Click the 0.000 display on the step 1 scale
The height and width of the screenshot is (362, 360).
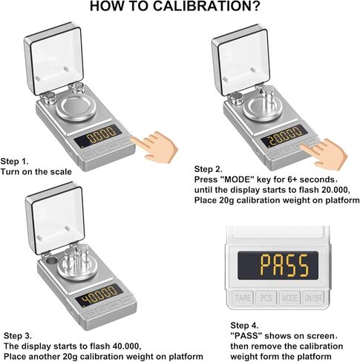[x=100, y=136]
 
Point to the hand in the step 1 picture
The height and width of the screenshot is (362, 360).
[x=159, y=143]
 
